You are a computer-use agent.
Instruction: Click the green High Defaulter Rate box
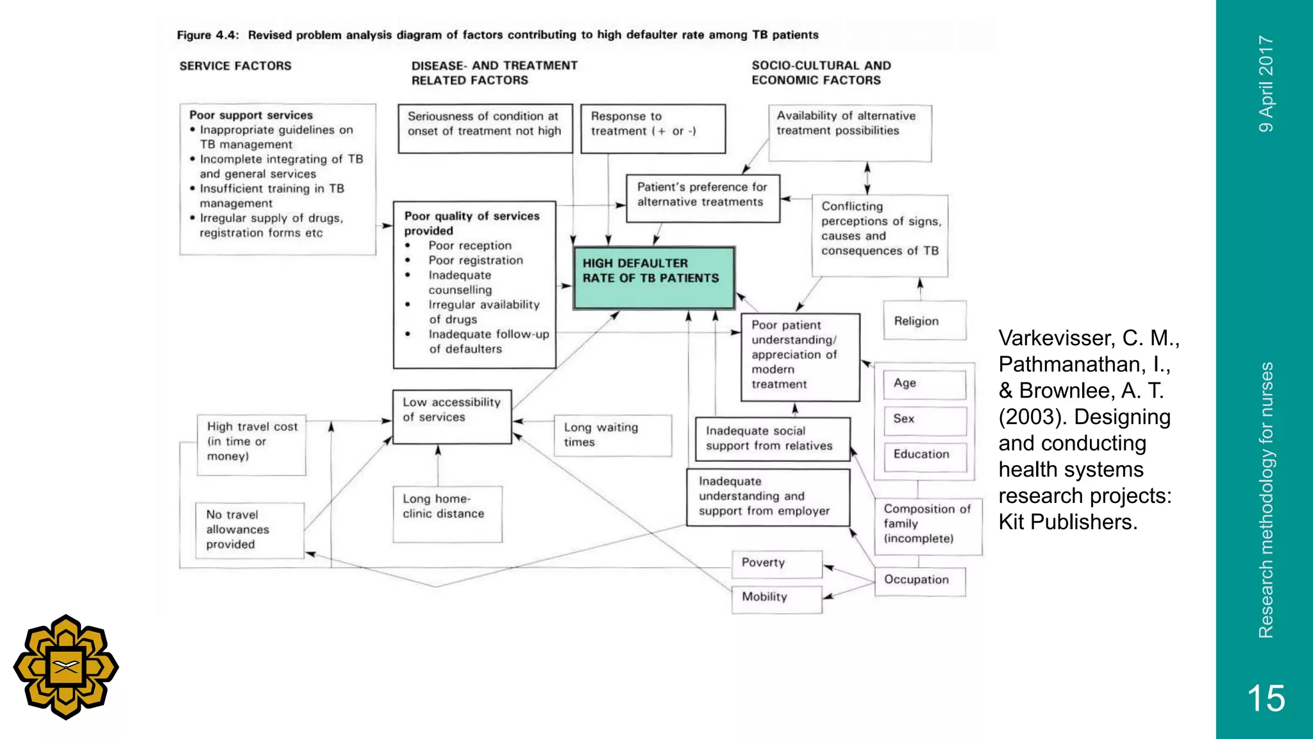click(653, 278)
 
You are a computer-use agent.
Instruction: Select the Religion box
click(924, 321)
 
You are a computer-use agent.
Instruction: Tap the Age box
click(924, 384)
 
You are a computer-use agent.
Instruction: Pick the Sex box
click(924, 420)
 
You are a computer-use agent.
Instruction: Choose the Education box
click(924, 455)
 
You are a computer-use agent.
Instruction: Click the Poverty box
click(776, 563)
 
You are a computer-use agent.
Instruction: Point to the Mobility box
click(776, 598)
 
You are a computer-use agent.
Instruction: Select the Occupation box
click(919, 581)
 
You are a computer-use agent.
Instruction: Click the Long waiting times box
click(612, 436)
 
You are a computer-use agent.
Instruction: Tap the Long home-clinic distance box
click(447, 513)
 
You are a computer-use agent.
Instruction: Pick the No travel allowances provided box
click(249, 530)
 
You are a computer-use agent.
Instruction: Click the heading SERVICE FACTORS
click(235, 66)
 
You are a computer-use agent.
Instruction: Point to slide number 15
click(1266, 698)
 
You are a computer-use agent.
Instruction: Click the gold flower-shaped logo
click(66, 667)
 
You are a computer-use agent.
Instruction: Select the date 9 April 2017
click(1266, 84)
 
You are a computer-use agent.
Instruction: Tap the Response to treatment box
click(653, 129)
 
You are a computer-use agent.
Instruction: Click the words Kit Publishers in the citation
click(1067, 523)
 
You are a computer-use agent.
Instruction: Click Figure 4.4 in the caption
click(208, 35)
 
